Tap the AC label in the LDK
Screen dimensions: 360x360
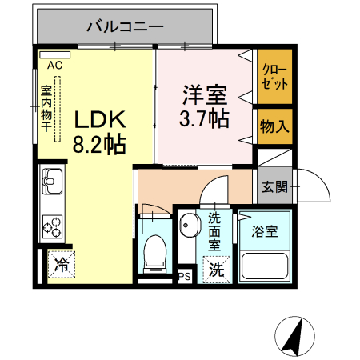pos(54,65)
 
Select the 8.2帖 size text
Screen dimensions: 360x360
pos(99,146)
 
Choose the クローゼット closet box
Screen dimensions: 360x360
pos(275,78)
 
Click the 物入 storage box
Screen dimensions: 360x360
pos(275,126)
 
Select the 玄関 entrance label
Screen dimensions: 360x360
pos(274,187)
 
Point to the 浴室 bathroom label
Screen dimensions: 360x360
pos(264,232)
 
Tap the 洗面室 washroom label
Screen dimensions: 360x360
pos(214,232)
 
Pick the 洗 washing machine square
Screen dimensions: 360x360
pos(216,270)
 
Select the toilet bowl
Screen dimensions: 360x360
pos(154,252)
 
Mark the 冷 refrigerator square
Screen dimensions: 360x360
pos(61,265)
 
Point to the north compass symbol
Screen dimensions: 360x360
pos(295,336)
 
